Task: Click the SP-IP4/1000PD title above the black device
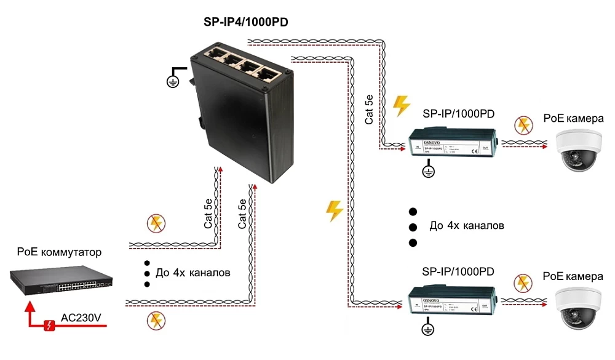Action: [246, 22]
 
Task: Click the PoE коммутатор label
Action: [59, 252]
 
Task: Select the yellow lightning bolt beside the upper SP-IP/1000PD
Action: [401, 106]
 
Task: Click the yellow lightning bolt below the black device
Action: [335, 210]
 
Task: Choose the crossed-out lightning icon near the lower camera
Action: [523, 282]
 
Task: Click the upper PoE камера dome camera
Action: [577, 147]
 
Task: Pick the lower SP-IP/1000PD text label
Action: [458, 271]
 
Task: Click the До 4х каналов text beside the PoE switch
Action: [193, 272]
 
